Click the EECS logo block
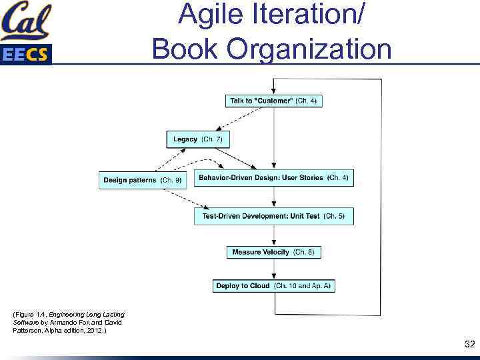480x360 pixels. [x=25, y=54]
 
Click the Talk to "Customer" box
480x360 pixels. [x=273, y=101]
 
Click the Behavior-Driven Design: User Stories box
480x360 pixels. [x=273, y=178]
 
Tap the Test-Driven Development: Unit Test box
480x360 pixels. [x=273, y=216]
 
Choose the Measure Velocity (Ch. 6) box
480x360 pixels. [x=273, y=252]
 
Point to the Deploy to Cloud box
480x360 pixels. [x=273, y=286]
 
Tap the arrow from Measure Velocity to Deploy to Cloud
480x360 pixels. [x=274, y=269]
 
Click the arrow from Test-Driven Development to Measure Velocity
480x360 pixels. [x=274, y=235]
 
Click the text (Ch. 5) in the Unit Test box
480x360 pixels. [x=333, y=216]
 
